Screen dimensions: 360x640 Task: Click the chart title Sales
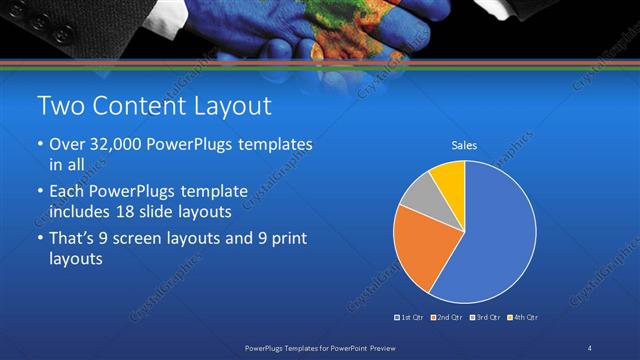[464, 146]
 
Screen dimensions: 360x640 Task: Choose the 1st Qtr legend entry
[410, 317]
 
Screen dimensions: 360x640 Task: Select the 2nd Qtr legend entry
[445, 317]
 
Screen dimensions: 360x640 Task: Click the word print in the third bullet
[294, 238]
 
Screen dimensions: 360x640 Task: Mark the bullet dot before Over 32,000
[40, 146]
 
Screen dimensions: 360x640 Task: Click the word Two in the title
[58, 106]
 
